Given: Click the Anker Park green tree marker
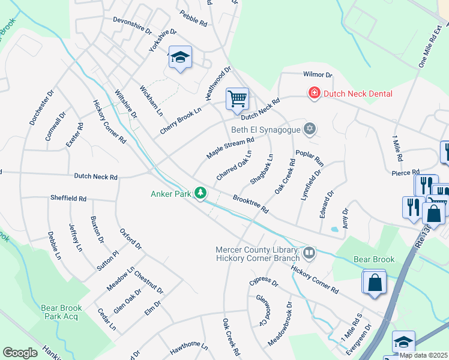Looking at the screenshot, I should tap(201, 193).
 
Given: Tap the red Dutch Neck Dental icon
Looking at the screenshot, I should tap(313, 93).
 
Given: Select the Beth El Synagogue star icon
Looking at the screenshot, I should tap(310, 128).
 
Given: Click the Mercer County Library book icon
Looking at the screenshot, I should tap(309, 253).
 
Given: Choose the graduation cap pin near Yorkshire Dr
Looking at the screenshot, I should tap(179, 58).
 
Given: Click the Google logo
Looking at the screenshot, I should tap(20, 353).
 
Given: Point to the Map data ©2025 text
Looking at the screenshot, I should tap(423, 355).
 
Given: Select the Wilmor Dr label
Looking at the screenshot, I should tap(318, 75).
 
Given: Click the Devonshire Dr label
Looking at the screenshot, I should tap(131, 28).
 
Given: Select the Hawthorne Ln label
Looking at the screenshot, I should tap(188, 347).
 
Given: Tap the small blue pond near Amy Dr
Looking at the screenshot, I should tap(334, 229).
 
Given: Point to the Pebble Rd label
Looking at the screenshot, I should tap(193, 18).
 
